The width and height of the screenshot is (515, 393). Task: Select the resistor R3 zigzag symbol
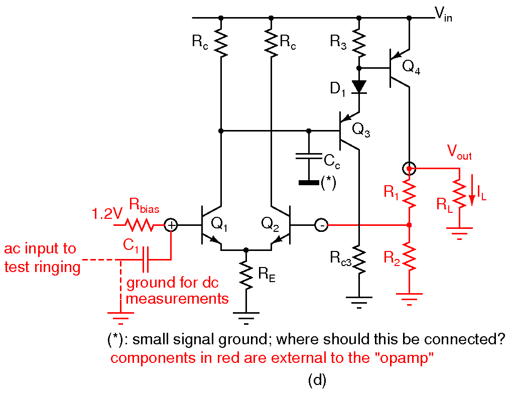tap(359, 43)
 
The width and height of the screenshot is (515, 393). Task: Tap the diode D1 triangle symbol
tap(359, 86)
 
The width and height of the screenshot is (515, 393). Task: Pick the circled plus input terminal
tap(171, 225)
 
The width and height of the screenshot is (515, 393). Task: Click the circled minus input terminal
tap(321, 225)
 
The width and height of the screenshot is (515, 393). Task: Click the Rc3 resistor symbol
tap(359, 259)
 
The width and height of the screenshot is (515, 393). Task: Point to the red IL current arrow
tap(471, 196)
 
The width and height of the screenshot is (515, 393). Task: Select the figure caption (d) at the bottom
tap(317, 380)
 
